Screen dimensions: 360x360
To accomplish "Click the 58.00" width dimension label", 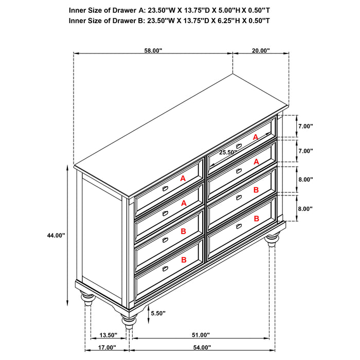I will tap(153, 50).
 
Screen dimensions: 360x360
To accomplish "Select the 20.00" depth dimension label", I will tap(261, 50).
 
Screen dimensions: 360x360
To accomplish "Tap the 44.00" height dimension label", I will tap(56, 235).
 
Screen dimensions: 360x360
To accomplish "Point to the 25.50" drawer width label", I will tap(228, 152).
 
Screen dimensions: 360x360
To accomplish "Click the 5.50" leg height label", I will tap(158, 313).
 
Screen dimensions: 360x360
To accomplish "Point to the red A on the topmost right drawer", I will tap(256, 137).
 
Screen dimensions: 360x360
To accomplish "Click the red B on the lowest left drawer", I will tap(183, 261).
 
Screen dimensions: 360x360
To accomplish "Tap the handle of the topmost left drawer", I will tap(166, 189).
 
